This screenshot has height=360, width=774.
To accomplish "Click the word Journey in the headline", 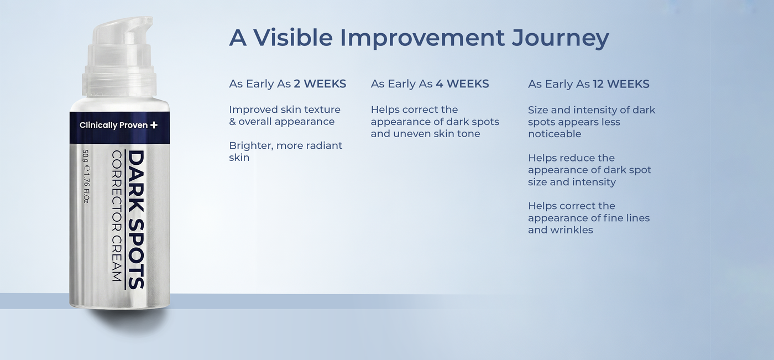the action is point(560,38).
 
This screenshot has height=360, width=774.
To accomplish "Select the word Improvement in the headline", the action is point(422,38).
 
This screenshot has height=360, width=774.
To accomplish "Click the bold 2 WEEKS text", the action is point(320,84).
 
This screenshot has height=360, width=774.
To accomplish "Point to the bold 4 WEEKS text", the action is point(462,84).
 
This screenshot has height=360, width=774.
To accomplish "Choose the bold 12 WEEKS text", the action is point(621,84).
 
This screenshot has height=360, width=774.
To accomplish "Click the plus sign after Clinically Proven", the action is point(154,125).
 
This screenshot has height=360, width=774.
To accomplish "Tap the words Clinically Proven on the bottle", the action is point(114,125).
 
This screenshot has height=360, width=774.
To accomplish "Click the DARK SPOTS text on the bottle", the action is point(136,220).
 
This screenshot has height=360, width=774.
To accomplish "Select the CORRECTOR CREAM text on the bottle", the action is point(117,216).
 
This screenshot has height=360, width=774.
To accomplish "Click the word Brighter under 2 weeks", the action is point(251,146).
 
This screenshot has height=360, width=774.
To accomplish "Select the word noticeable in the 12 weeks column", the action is point(555,134).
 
